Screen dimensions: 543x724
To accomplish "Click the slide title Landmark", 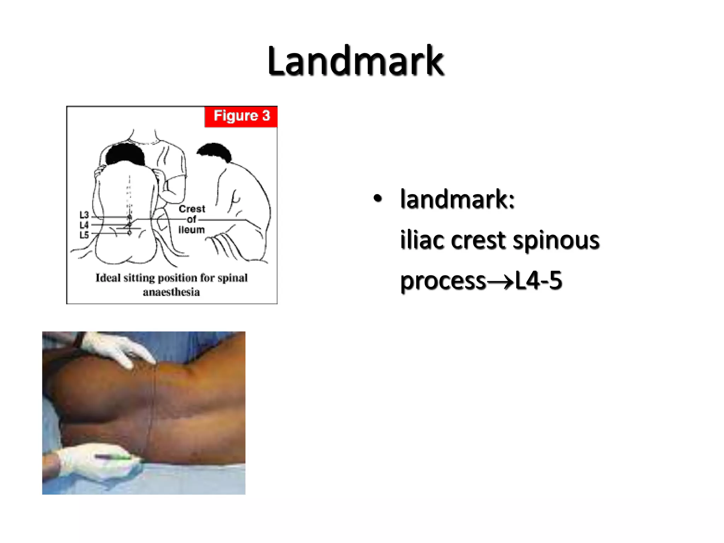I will [x=355, y=61].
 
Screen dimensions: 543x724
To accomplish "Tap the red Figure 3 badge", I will [x=241, y=116].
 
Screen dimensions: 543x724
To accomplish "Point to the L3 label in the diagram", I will [x=84, y=215].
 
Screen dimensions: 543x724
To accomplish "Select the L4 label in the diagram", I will [x=84, y=225].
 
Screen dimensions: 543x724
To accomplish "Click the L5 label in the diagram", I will [x=84, y=235].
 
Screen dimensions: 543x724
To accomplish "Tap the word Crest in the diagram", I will [x=192, y=209].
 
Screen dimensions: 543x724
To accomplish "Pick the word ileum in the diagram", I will [x=191, y=230].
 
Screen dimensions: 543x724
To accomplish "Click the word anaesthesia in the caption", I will [x=171, y=292].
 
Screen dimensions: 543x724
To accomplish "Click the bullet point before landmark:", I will [x=378, y=199].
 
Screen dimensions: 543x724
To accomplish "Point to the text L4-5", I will [x=538, y=280].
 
